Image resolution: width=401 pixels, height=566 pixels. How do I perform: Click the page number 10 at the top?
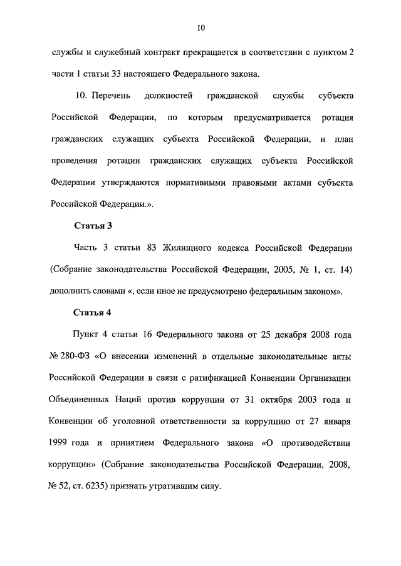[x=200, y=28]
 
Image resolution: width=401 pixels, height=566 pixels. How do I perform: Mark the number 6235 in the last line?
[x=97, y=487]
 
